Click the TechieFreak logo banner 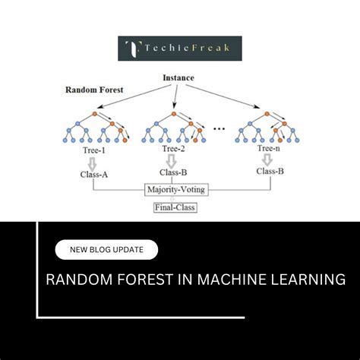[180, 49]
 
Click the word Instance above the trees [179, 77]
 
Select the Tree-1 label [93, 149]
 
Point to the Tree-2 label [173, 149]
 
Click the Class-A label [93, 174]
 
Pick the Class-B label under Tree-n [270, 172]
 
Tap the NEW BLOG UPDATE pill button [106, 250]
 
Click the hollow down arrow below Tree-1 [93, 161]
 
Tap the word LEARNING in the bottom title [302, 279]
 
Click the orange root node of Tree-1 [94, 114]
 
